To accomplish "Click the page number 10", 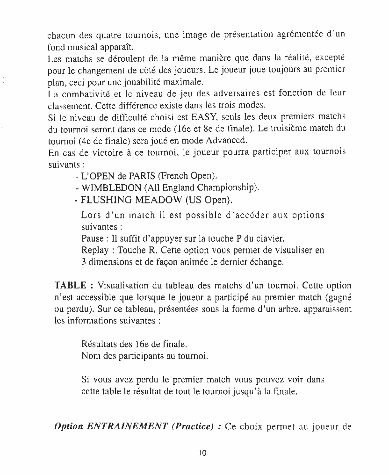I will pyautogui.click(x=202, y=453).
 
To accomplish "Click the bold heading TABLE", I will pyautogui.click(x=70, y=285).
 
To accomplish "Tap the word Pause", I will pyautogui.click(x=92, y=238).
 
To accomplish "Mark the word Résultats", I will pyautogui.click(x=100, y=345).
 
